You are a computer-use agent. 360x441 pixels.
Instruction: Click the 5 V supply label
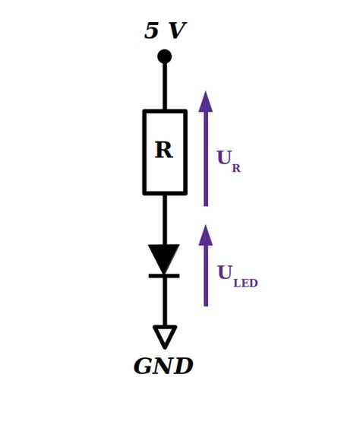coord(166,30)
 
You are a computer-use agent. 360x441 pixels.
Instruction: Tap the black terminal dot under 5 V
coord(164,56)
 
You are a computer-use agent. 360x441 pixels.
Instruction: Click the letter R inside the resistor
coord(164,150)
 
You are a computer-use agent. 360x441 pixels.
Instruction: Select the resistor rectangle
coord(144,152)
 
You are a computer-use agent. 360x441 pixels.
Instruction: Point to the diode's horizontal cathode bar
coord(164,276)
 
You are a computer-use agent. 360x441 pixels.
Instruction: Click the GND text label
coord(163,366)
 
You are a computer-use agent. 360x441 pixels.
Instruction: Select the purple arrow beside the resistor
coord(206,148)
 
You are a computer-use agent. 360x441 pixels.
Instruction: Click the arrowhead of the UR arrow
coord(206,102)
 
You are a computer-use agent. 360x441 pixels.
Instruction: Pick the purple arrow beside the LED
coord(206,265)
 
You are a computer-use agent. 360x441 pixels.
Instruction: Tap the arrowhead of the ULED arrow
coord(206,235)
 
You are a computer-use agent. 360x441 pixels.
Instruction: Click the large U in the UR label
coord(225,157)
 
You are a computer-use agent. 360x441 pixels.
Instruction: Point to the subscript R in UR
coord(236,168)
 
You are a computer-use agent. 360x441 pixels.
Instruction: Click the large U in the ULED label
coord(226,272)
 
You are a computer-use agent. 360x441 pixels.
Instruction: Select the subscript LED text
coord(245,283)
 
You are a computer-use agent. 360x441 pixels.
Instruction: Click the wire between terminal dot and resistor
coord(165,87)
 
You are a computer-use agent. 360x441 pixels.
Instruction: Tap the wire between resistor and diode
coord(165,220)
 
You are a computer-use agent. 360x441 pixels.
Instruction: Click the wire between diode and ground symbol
coord(165,302)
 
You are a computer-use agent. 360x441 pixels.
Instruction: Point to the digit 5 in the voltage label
coord(151,30)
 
